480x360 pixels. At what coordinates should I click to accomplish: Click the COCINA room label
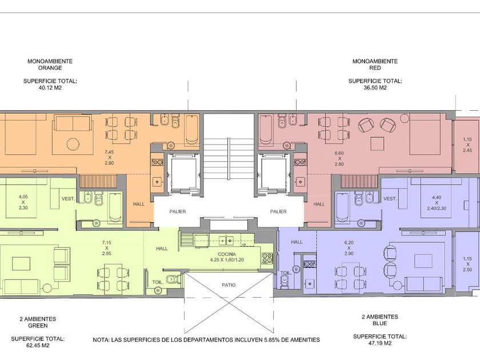click(227, 254)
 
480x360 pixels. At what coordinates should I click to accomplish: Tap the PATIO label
click(229, 285)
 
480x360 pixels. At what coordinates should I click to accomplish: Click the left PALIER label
click(178, 211)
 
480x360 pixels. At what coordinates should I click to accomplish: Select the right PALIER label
click(278, 211)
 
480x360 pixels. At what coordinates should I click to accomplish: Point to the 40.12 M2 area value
click(50, 88)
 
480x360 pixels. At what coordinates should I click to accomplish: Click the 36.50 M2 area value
click(375, 88)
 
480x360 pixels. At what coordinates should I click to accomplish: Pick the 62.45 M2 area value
click(38, 346)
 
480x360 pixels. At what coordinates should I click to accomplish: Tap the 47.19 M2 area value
click(379, 343)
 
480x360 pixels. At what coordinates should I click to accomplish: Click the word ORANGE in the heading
click(50, 68)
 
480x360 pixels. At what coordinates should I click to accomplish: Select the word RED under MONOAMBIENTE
click(375, 68)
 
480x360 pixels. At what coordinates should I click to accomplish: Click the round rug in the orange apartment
click(73, 143)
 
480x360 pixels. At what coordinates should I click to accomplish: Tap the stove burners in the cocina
click(267, 258)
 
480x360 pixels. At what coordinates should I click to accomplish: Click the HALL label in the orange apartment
click(139, 204)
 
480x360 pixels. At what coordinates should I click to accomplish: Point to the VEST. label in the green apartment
click(68, 199)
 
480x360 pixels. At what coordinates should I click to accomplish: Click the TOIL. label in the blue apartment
click(285, 273)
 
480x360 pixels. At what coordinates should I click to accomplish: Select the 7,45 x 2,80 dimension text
click(109, 157)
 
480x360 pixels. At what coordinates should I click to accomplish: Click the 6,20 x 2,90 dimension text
click(349, 248)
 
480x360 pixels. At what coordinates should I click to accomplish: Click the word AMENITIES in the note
click(305, 340)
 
